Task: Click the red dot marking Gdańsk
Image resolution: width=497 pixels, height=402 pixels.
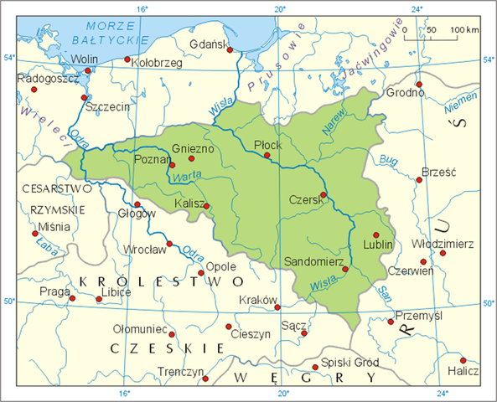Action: pos(230,50)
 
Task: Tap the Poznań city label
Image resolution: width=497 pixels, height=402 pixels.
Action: pos(153,158)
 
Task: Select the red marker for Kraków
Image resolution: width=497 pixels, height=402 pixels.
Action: pos(278,307)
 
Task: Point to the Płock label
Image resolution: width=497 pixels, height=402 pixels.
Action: pos(267,145)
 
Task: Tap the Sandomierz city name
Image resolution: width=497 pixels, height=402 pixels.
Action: pos(316,262)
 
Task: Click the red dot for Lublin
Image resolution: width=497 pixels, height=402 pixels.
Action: pos(376,234)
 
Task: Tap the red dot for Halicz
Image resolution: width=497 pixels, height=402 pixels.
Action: pos(463,360)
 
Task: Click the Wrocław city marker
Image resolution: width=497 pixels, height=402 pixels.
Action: pos(170,245)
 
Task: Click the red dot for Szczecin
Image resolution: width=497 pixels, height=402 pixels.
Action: pos(84,97)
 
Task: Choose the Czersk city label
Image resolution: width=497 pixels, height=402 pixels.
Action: pos(303,201)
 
